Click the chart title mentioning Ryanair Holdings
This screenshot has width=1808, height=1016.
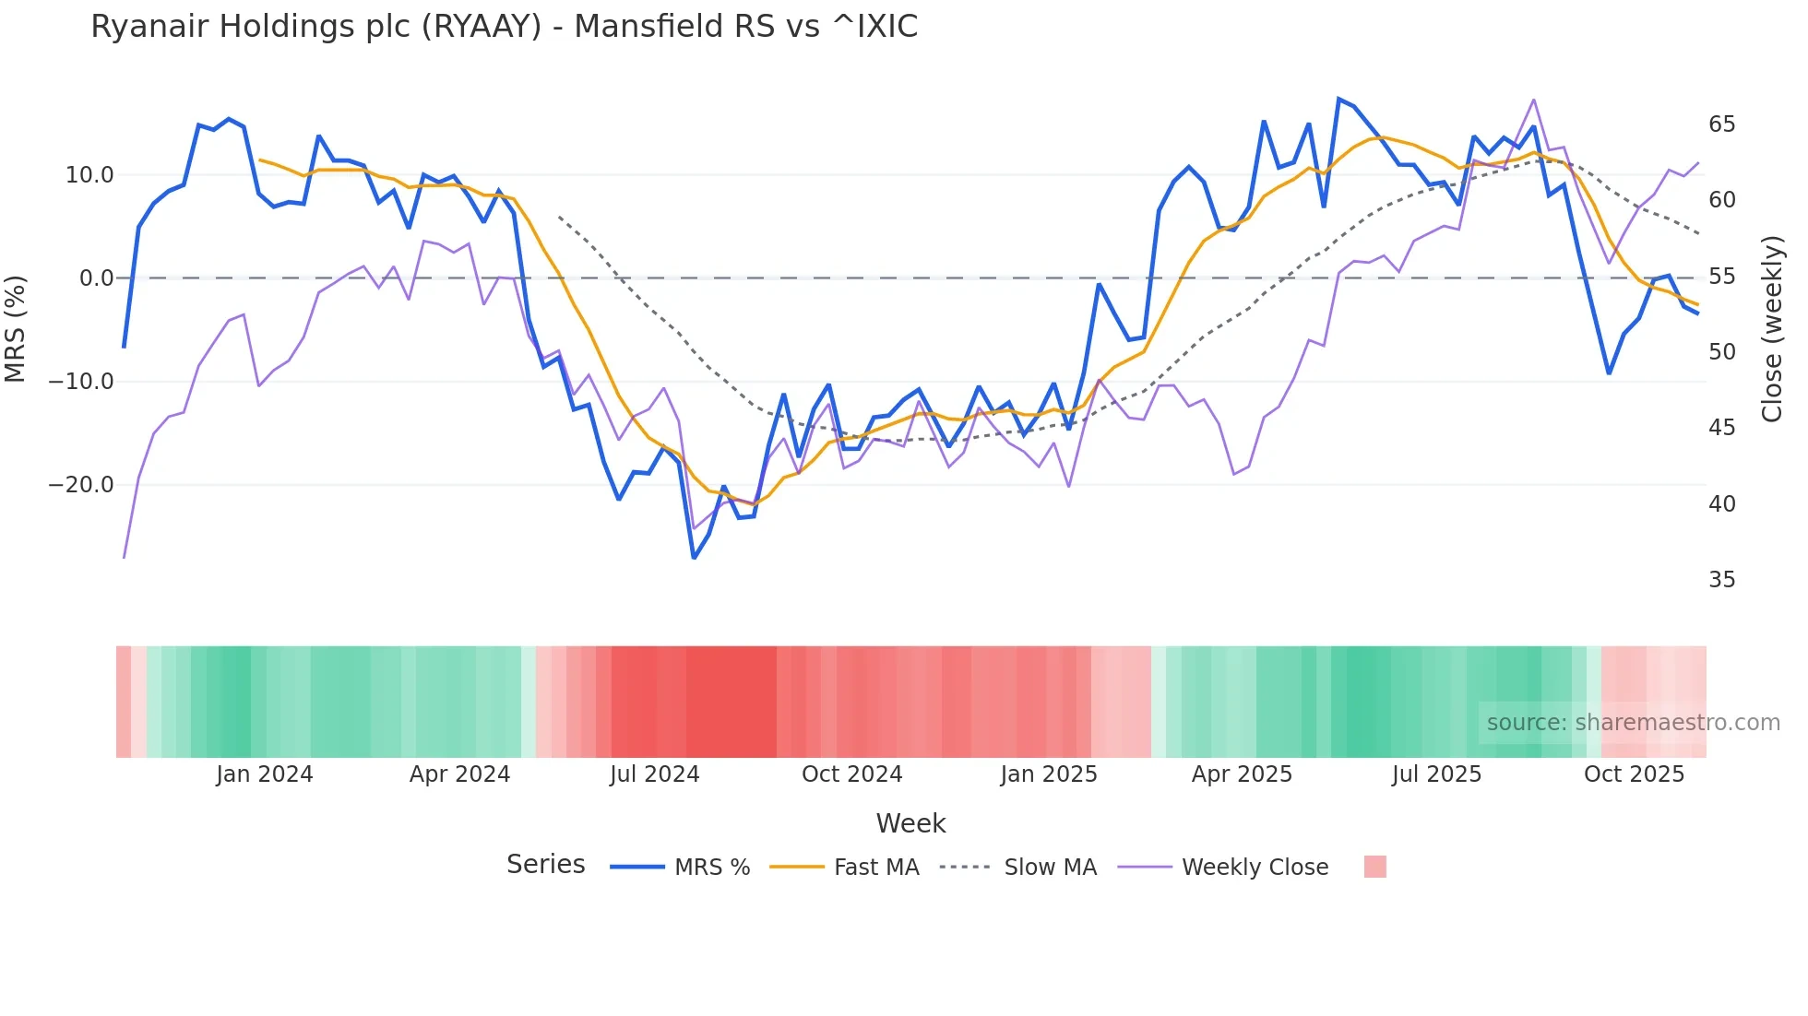point(504,27)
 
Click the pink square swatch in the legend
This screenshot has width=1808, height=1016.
point(1374,867)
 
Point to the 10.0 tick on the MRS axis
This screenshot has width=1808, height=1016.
point(89,175)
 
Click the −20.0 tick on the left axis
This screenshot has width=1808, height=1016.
point(81,485)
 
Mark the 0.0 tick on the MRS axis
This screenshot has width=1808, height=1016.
point(96,278)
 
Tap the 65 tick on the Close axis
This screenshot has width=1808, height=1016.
point(1721,124)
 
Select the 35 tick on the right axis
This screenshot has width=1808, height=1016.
point(1721,580)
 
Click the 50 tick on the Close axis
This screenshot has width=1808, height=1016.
point(1721,352)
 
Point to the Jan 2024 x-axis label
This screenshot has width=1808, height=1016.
point(265,774)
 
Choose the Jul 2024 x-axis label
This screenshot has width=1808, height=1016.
point(655,774)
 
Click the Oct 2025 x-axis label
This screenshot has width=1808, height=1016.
point(1634,774)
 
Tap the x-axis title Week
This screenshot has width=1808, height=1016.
point(910,823)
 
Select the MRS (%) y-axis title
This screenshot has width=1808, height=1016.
point(16,328)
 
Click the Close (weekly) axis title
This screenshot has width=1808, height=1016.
point(1772,328)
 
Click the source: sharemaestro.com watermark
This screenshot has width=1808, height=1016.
point(1633,723)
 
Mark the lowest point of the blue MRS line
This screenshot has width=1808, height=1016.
point(694,558)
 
